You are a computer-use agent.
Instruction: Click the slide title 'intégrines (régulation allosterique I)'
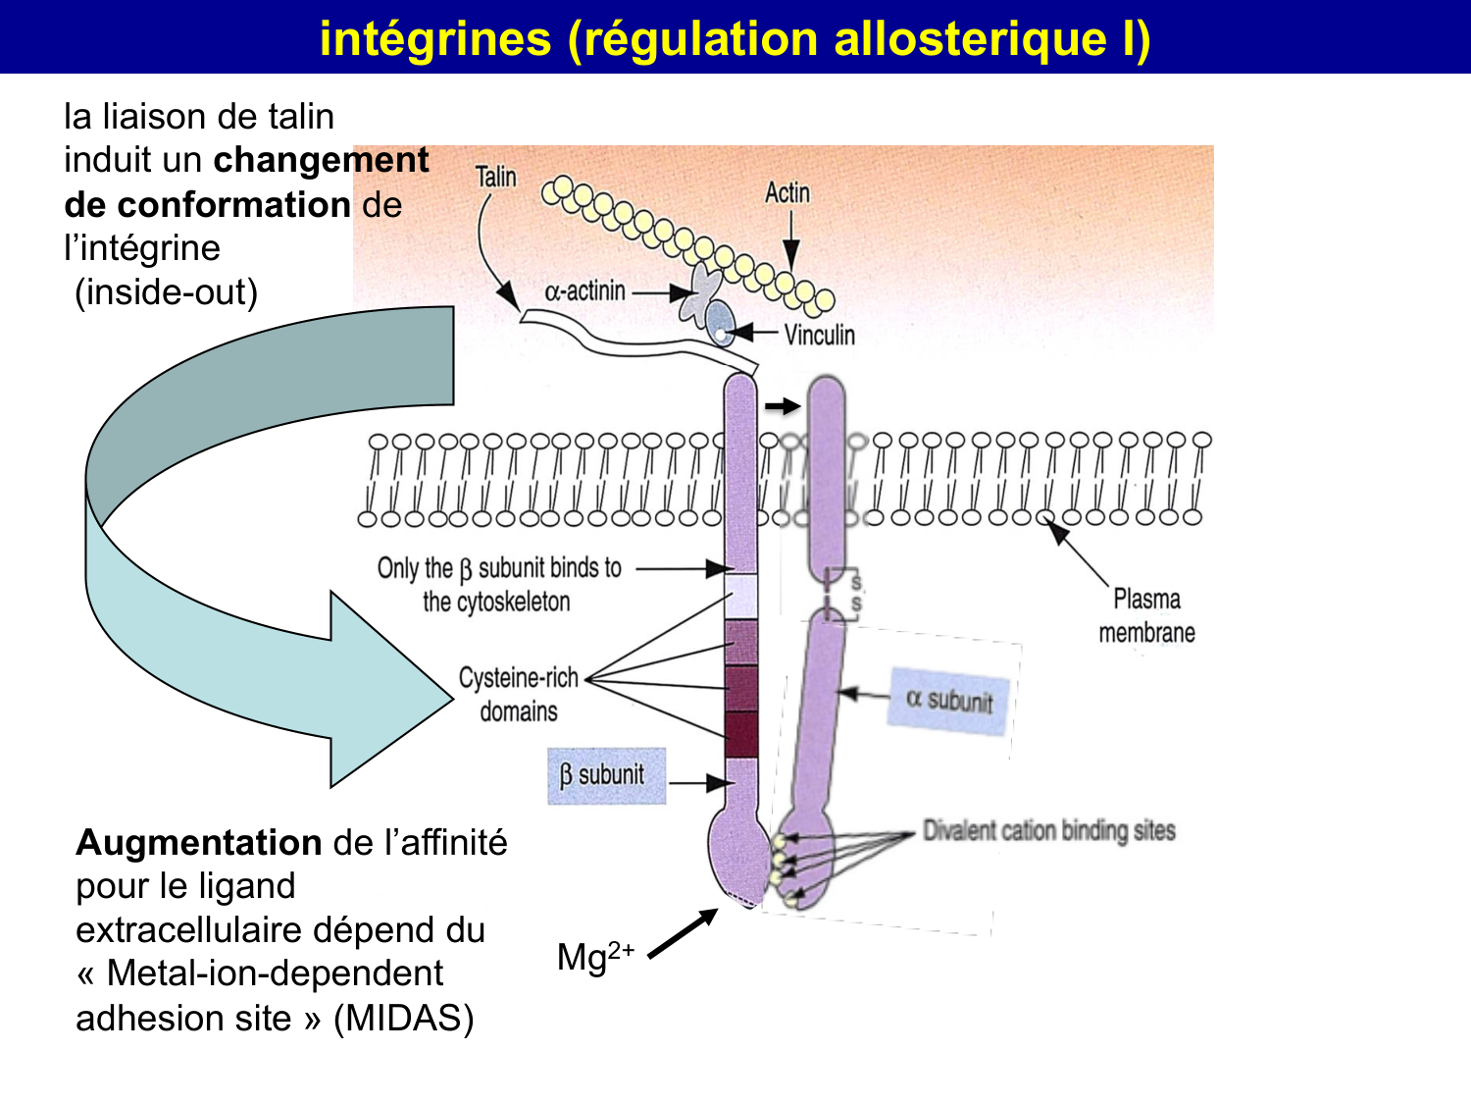[735, 38]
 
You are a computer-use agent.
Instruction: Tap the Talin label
[495, 178]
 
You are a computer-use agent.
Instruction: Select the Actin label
[786, 193]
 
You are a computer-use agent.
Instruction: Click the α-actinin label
[584, 291]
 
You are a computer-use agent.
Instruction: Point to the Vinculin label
[819, 336]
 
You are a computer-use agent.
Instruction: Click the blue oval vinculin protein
[721, 322]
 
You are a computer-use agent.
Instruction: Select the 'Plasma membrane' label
[1146, 615]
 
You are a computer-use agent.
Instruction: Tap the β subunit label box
[605, 776]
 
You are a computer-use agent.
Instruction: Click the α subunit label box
[949, 699]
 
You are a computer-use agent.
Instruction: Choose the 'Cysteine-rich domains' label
[518, 694]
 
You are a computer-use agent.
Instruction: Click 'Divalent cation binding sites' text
[1048, 831]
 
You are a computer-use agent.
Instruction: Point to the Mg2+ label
[594, 956]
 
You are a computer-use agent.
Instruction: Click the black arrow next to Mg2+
[684, 933]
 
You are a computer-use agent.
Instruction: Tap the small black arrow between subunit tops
[782, 406]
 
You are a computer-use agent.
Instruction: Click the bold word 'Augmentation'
[199, 843]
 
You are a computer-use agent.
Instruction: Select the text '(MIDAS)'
[403, 1019]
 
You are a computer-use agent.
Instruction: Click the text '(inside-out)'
[166, 292]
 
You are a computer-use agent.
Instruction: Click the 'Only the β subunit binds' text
[499, 568]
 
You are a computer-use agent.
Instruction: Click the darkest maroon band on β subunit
[741, 734]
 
